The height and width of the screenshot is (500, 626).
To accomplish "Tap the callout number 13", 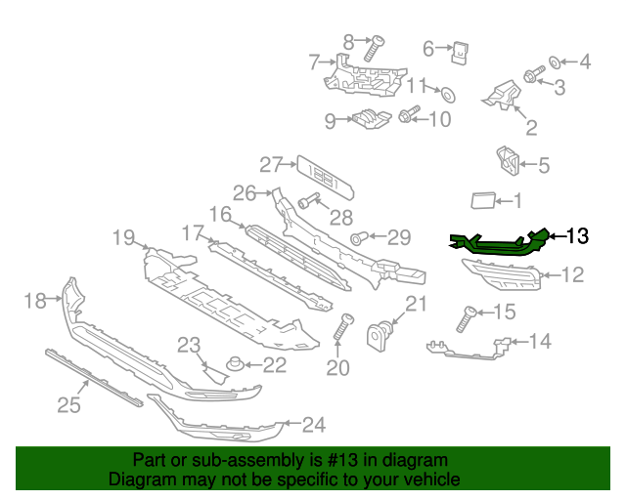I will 578,235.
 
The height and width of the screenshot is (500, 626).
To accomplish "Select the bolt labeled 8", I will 374,49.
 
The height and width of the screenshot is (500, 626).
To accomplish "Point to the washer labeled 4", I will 555,62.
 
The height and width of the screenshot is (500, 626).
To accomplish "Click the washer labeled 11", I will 449,95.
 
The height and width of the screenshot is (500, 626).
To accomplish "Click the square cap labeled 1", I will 484,201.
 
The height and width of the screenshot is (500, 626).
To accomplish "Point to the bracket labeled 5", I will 507,162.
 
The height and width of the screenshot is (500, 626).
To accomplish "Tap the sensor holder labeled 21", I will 380,336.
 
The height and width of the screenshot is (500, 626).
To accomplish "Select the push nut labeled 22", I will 235,365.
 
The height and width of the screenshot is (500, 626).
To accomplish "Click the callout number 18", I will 35,301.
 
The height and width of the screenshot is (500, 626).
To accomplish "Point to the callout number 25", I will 68,402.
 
